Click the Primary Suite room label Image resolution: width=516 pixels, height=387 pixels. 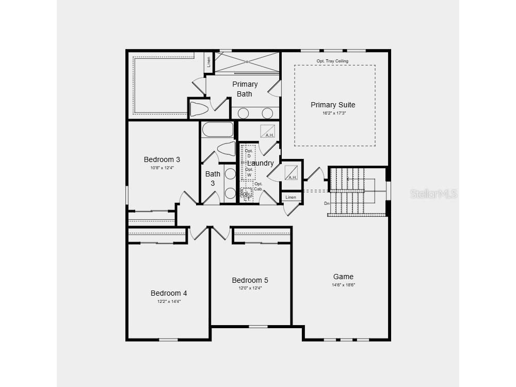pos(333,105)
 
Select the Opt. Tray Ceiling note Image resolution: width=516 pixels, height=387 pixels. pos(332,61)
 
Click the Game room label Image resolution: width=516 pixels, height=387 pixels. pos(343,277)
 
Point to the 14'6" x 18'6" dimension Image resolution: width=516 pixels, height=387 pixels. pos(343,285)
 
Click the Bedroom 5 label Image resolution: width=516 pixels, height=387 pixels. pos(250,280)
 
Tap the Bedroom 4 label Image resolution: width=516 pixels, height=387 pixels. pos(169,293)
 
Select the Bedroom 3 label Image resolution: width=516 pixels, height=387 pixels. pos(162,159)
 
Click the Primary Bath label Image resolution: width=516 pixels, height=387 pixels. pos(245,89)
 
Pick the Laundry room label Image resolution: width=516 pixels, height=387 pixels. pos(261,163)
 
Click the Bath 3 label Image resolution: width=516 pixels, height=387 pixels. pos(213,178)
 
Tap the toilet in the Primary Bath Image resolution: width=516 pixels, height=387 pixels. pos(199,109)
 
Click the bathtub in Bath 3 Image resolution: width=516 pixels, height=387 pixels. pos(217,129)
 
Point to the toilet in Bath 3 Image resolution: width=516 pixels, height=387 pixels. pos(226,149)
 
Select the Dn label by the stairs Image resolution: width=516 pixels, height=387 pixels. pos(327,203)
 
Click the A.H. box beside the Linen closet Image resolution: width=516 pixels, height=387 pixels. pos(292,171)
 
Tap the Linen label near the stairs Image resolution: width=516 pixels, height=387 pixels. pos(291,197)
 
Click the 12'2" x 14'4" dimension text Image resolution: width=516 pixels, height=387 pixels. pos(169,301)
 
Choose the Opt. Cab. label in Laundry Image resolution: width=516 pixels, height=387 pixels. pos(258,186)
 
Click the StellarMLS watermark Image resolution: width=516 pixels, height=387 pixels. pos(433,194)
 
